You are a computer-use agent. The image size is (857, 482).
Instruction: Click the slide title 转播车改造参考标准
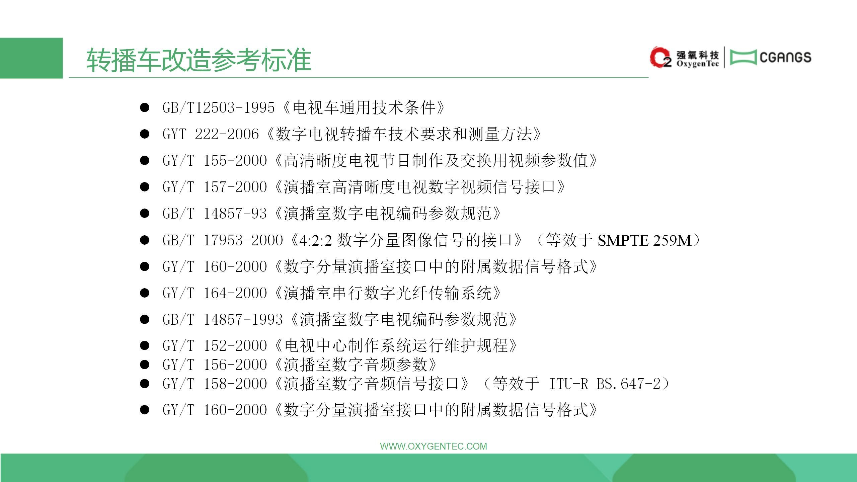[x=199, y=60]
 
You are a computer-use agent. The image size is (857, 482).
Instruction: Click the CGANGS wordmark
[x=785, y=57]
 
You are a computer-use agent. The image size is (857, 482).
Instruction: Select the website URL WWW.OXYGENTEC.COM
[x=434, y=446]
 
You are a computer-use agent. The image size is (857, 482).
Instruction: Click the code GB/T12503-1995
[x=219, y=108]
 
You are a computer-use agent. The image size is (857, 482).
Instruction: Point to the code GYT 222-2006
[x=211, y=134]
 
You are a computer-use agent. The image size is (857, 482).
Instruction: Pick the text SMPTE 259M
[x=644, y=240]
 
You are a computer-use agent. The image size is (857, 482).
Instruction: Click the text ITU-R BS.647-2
[x=605, y=384]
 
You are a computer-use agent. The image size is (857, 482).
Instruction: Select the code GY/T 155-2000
[x=215, y=161]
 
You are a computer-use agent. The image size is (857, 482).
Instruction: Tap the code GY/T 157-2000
[x=215, y=187]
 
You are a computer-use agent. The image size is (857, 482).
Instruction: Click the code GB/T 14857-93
[x=215, y=214]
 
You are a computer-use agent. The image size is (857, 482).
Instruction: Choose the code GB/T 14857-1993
[x=223, y=320]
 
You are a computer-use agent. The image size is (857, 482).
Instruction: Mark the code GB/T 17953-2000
[x=223, y=240]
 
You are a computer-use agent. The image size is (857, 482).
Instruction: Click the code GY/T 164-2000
[x=215, y=293]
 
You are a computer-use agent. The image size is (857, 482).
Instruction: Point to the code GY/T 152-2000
[x=215, y=345]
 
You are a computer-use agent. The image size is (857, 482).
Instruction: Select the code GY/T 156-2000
[x=215, y=365]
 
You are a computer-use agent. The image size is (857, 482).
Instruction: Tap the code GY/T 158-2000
[x=215, y=384]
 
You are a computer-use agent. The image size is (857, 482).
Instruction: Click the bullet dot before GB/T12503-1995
[x=145, y=108]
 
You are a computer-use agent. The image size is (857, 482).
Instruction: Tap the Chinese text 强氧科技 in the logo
[x=698, y=55]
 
